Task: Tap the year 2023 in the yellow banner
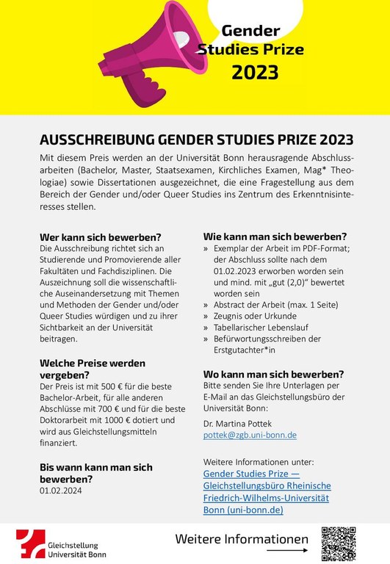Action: coord(255,71)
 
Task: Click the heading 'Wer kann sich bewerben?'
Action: coord(101,237)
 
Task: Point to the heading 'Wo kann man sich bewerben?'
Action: coord(273,374)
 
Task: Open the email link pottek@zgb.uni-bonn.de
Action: coord(250,435)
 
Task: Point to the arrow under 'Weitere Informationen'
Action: coord(287,549)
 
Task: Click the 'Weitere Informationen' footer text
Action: coord(242,539)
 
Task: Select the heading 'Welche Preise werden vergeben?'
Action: coord(92,369)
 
